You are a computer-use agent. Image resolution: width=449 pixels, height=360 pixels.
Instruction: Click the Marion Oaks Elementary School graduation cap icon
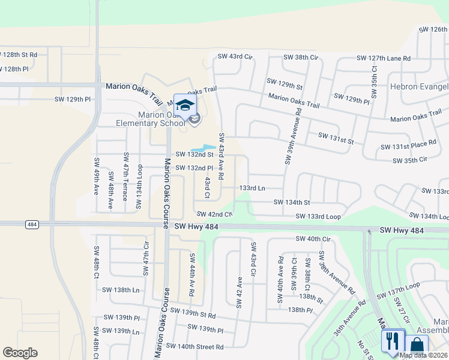click(x=185, y=105)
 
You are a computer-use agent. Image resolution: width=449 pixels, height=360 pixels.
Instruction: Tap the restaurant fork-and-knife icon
click(x=392, y=341)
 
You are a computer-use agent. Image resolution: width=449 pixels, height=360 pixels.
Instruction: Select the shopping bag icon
click(x=417, y=346)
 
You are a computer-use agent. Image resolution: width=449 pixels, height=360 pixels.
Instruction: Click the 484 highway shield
click(x=32, y=224)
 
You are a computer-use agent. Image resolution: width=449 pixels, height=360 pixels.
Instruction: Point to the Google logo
click(x=20, y=353)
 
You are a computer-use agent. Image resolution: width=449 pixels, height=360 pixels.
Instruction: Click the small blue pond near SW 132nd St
click(x=205, y=148)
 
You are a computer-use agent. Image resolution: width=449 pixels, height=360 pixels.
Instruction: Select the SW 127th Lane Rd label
click(x=384, y=58)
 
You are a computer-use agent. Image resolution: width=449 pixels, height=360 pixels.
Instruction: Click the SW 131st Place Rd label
click(x=408, y=146)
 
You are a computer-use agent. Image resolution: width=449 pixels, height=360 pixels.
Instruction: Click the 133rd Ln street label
click(x=252, y=188)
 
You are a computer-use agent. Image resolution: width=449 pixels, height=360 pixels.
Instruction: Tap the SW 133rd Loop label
click(x=318, y=216)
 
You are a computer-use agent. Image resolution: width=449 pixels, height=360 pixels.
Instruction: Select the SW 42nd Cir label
click(x=214, y=214)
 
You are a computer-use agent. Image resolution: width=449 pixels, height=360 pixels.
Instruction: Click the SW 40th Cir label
click(x=313, y=239)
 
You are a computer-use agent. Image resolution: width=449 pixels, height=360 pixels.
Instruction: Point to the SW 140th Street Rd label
click(x=194, y=347)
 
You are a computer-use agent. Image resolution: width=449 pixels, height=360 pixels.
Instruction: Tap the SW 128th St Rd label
click(x=19, y=55)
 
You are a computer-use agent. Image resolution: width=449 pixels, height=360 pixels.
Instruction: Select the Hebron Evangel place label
click(x=420, y=87)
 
